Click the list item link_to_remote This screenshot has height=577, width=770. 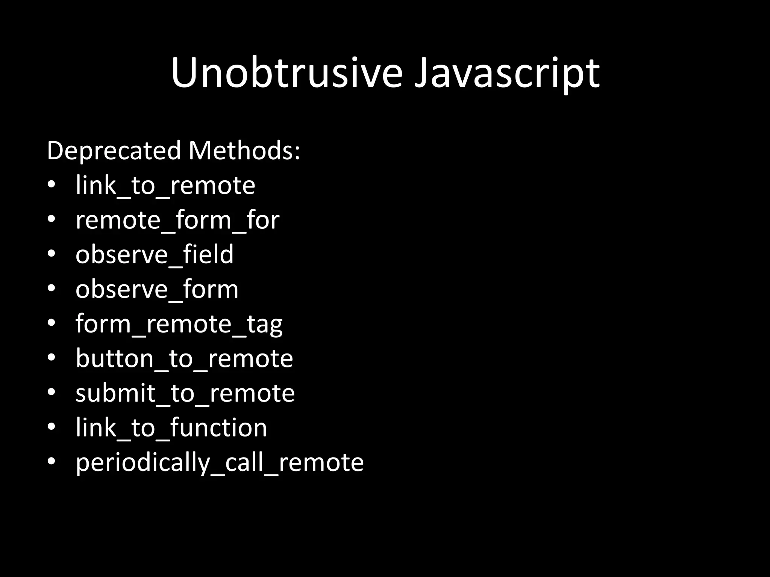[165, 186]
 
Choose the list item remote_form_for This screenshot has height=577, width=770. [177, 220]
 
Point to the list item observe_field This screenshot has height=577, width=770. [154, 255]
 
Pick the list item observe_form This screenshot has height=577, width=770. [156, 289]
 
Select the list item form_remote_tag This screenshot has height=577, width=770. [179, 324]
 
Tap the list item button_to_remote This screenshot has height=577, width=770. [184, 359]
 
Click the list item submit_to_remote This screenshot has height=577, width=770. [185, 393]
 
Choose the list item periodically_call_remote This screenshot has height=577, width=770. [219, 462]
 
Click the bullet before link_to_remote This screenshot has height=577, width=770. [52, 184]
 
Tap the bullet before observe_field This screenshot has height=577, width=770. [52, 254]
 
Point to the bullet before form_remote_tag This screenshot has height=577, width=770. [52, 323]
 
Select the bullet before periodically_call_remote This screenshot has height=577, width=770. [52, 461]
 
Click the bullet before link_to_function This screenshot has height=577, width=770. [52, 427]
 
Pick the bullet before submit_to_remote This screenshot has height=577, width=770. [52, 392]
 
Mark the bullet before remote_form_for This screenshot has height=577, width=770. [52, 219]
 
